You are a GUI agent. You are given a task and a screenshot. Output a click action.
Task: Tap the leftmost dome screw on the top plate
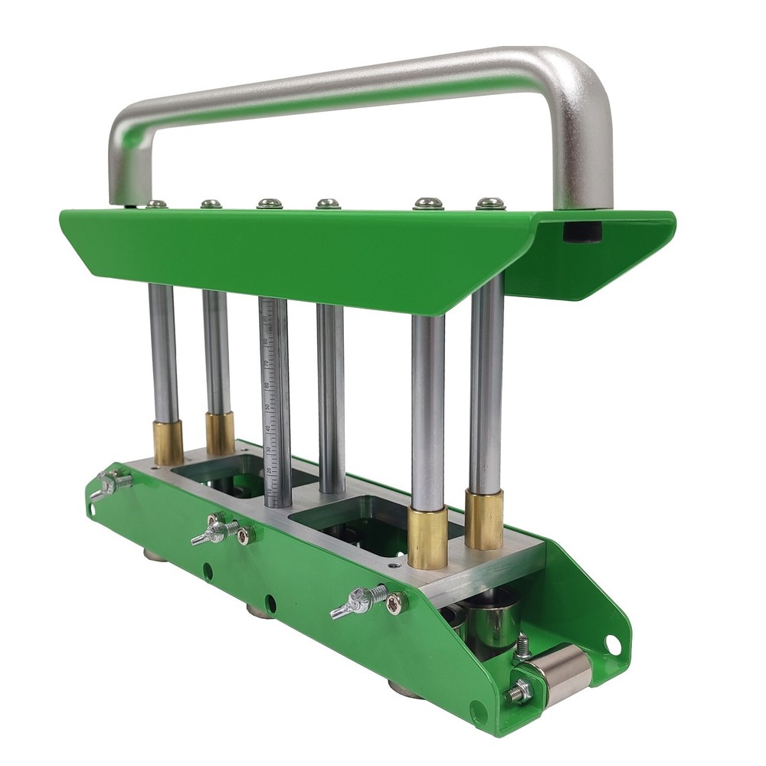point(157,204)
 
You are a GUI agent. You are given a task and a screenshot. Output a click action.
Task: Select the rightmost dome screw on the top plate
point(490,204)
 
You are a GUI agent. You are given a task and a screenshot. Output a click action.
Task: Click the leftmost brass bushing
point(168,442)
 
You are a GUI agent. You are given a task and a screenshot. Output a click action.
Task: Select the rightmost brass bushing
point(484,520)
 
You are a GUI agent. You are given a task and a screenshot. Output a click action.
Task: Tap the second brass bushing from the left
point(219,433)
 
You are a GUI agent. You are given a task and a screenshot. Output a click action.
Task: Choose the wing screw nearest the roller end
point(360,601)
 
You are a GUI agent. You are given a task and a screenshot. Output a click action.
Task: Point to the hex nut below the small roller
point(519,693)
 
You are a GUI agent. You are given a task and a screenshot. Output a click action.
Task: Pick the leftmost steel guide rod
point(163,352)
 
